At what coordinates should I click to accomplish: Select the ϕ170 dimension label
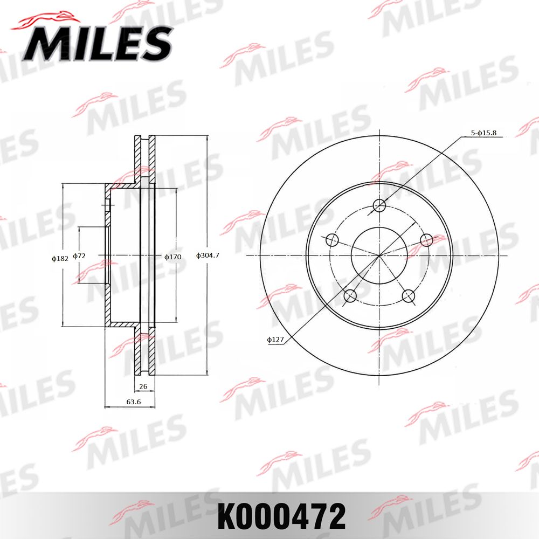[172, 257]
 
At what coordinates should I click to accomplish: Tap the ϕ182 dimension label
[60, 258]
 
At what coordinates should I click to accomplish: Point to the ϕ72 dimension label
[79, 255]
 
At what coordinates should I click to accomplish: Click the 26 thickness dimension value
[143, 386]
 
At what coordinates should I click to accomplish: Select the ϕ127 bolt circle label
[275, 340]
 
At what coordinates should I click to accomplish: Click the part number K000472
[281, 517]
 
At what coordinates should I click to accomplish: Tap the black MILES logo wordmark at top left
[97, 43]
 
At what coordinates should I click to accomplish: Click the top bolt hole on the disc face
[380, 205]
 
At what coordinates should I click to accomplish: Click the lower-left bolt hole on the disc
[350, 295]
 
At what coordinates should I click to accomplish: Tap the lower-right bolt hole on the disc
[409, 295]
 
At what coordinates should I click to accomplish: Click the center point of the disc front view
[380, 255]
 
